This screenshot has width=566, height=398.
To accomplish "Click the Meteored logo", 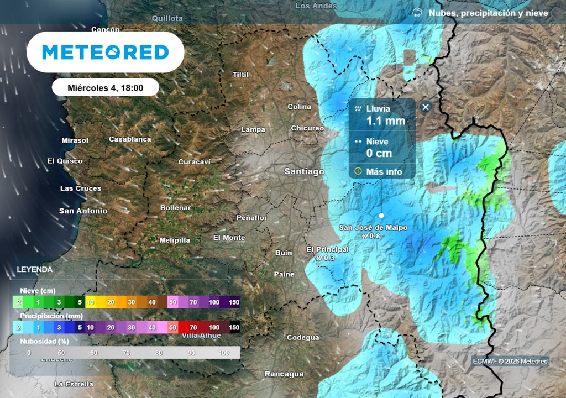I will [x=106, y=53].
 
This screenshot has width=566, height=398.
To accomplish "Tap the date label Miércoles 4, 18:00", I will [x=106, y=87].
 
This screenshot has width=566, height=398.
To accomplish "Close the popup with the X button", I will [x=425, y=107].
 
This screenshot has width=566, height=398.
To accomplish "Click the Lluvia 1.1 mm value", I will [x=386, y=121].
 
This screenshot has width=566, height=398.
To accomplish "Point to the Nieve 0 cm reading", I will [x=379, y=153].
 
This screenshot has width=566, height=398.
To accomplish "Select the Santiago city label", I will [x=304, y=171].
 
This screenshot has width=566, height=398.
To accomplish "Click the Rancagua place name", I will [x=284, y=374].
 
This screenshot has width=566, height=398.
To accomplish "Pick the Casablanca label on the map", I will [x=130, y=139].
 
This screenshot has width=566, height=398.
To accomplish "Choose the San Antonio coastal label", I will [x=83, y=211].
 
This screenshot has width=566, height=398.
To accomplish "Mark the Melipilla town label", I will [x=175, y=240].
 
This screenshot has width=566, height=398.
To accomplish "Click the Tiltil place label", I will [x=241, y=75].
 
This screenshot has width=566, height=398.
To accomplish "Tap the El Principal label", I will [x=328, y=250].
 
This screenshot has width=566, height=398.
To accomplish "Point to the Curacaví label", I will [x=195, y=162].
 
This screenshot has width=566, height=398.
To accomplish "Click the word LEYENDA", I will [x=35, y=270].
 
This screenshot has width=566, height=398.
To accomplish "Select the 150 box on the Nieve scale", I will [x=234, y=302].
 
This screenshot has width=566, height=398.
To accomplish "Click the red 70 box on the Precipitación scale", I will [x=193, y=328].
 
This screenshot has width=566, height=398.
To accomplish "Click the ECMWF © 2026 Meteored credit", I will [x=510, y=362].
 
